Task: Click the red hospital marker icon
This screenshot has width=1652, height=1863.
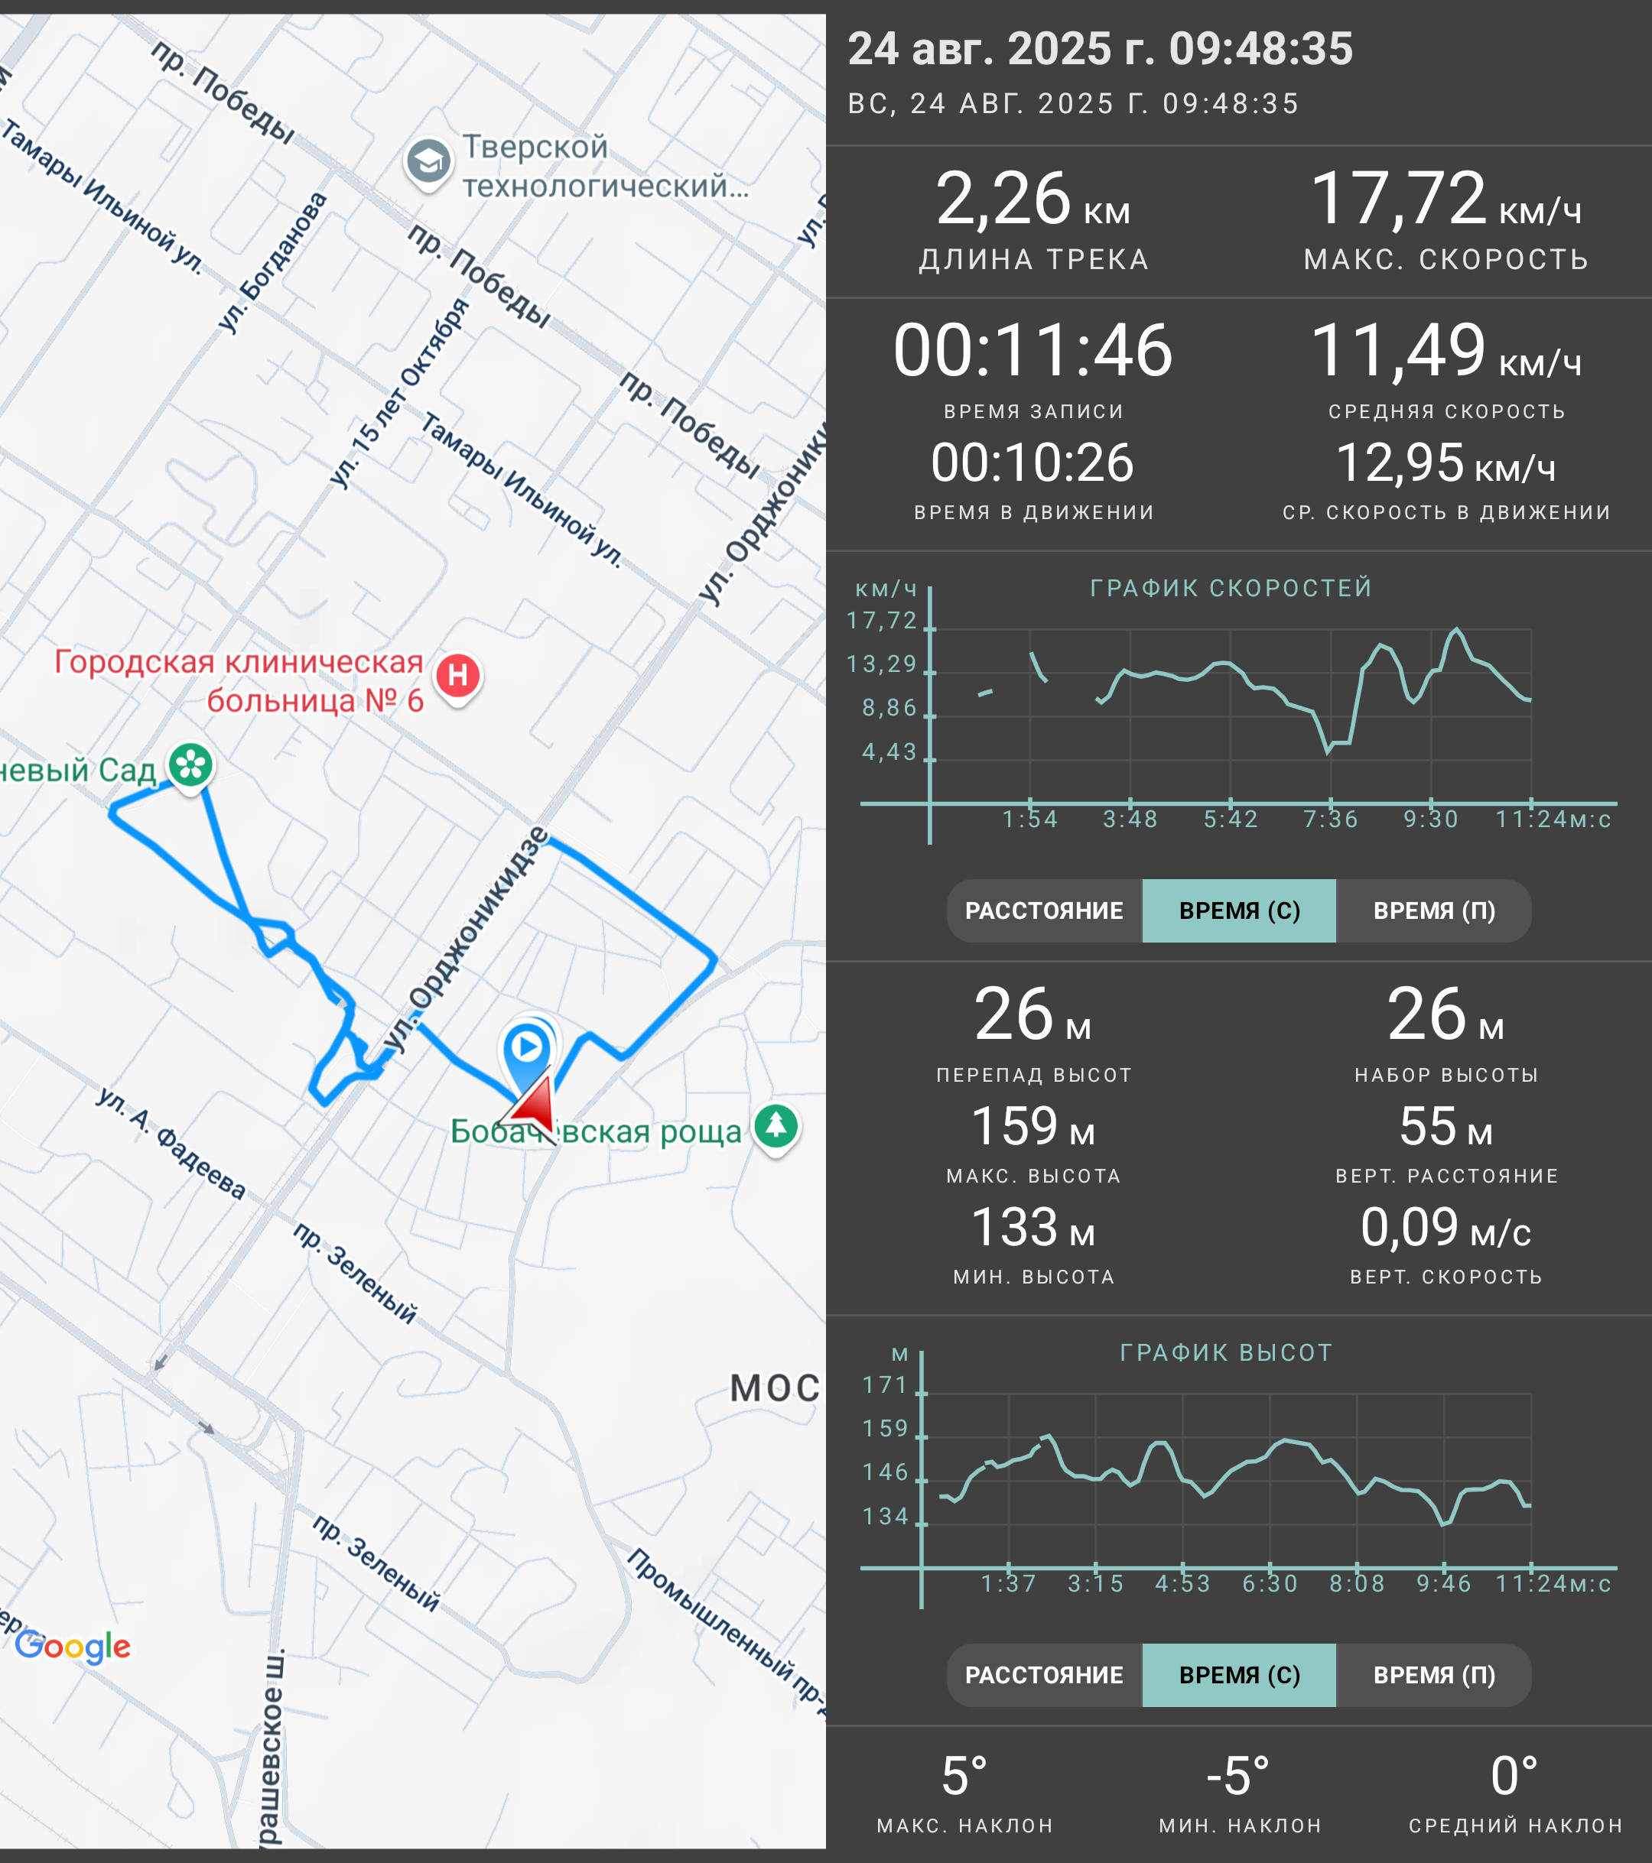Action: coord(457,677)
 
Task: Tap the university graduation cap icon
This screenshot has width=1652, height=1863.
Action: coord(428,163)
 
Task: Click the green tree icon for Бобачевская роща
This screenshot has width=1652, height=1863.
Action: coord(776,1128)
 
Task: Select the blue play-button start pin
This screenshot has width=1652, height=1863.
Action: coord(527,1050)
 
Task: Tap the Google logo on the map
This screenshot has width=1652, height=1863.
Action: coord(73,1647)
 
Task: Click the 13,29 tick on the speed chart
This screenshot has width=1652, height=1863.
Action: coord(882,664)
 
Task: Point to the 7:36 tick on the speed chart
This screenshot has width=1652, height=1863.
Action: coord(1331,820)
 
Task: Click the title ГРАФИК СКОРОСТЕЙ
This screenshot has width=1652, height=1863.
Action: coord(1231,588)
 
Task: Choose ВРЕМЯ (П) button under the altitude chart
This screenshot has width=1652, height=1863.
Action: coord(1434,1675)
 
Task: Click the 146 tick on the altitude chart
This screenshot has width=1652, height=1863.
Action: coord(885,1473)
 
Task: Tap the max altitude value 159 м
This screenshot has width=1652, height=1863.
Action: coord(1033,1127)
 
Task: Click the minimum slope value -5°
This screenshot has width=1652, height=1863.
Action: coord(1238,1777)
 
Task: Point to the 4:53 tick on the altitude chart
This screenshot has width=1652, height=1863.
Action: coord(1182,1584)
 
